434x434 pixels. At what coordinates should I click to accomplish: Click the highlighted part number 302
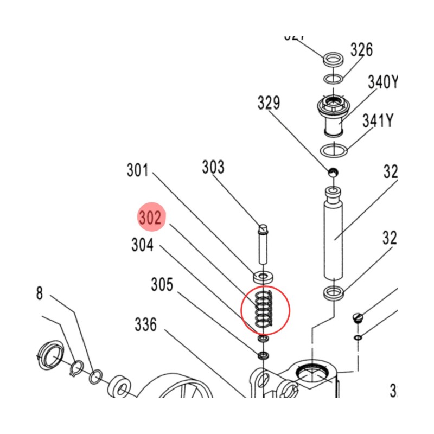point(150,218)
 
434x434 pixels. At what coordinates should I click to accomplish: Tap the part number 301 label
point(138,170)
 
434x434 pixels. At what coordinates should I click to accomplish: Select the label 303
point(213,167)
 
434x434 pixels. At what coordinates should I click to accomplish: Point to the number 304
point(142,246)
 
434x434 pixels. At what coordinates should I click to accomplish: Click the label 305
point(162,284)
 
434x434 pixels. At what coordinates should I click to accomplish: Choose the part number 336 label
point(146,325)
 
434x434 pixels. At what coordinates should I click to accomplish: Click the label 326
point(361,50)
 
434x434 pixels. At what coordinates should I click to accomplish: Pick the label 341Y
point(378,120)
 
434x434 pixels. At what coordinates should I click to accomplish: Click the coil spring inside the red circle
point(264,309)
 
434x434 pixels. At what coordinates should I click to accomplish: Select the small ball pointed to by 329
point(333,173)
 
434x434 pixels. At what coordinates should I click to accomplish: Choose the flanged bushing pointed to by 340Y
point(334,114)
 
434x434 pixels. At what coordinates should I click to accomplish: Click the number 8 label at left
point(39,293)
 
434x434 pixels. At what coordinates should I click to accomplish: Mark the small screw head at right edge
point(358,318)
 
